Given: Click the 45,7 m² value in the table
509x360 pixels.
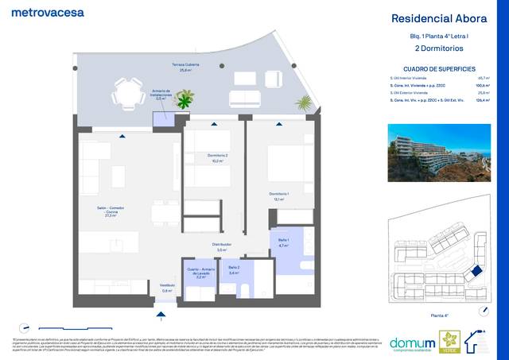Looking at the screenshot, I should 483,78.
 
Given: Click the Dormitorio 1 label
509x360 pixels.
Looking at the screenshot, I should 278,195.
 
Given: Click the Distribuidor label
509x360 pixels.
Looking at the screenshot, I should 221,246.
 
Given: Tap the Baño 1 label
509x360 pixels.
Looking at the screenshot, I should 283,242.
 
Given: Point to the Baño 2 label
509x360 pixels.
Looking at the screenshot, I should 234,269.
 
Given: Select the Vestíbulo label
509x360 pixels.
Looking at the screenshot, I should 167,287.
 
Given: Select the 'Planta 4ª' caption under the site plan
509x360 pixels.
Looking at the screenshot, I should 438,316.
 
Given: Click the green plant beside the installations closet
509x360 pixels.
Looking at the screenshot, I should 185,101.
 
